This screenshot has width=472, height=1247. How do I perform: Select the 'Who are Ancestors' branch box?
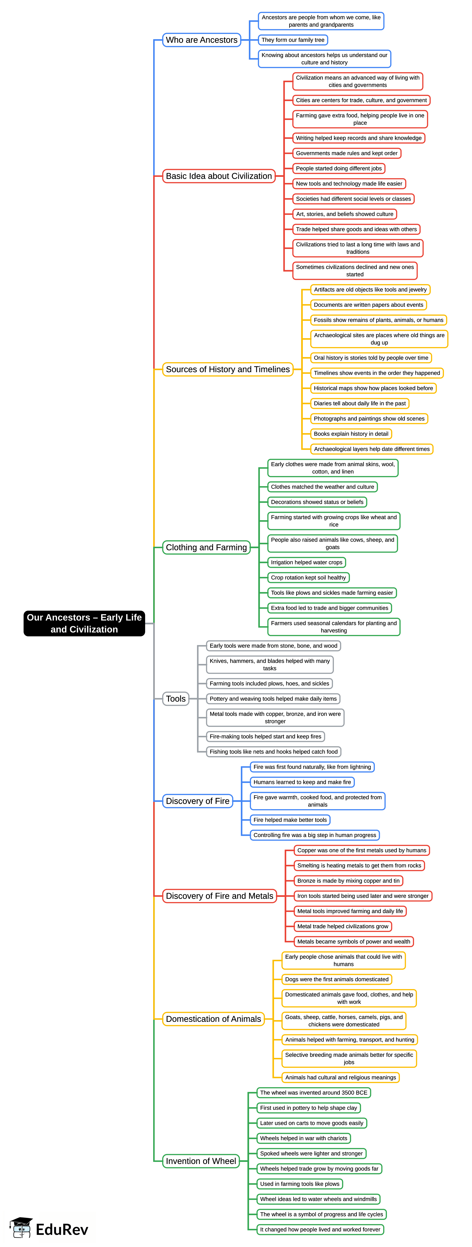coord(202,40)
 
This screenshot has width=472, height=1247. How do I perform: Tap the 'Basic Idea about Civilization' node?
coord(219,176)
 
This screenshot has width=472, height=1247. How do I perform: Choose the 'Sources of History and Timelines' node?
coord(228,369)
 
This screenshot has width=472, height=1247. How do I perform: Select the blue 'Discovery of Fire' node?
coord(197,801)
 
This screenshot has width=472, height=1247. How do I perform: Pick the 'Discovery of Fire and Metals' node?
coord(220,896)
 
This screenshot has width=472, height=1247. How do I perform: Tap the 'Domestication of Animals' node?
coord(213,1019)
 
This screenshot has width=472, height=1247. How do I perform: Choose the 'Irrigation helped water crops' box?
coord(307,563)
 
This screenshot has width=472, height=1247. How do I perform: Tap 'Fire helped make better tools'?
coord(290,820)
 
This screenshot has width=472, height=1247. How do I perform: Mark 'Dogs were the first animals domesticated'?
coord(337,979)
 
